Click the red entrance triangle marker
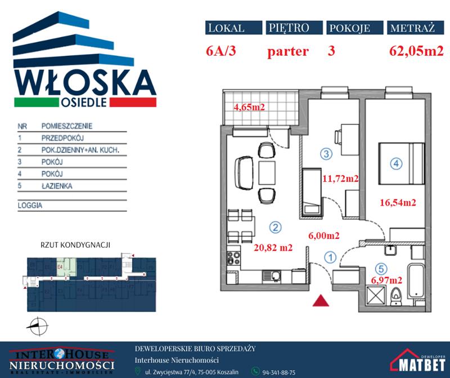pyautogui.click(x=321, y=301)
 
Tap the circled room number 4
pyautogui.click(x=396, y=164)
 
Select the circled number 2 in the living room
pyautogui.click(x=274, y=228)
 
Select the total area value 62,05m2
pyautogui.click(x=416, y=52)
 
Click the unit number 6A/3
pyautogui.click(x=224, y=52)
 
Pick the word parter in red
pyautogui.click(x=288, y=52)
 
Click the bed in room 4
pyautogui.click(x=400, y=164)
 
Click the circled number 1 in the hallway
pyautogui.click(x=330, y=257)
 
